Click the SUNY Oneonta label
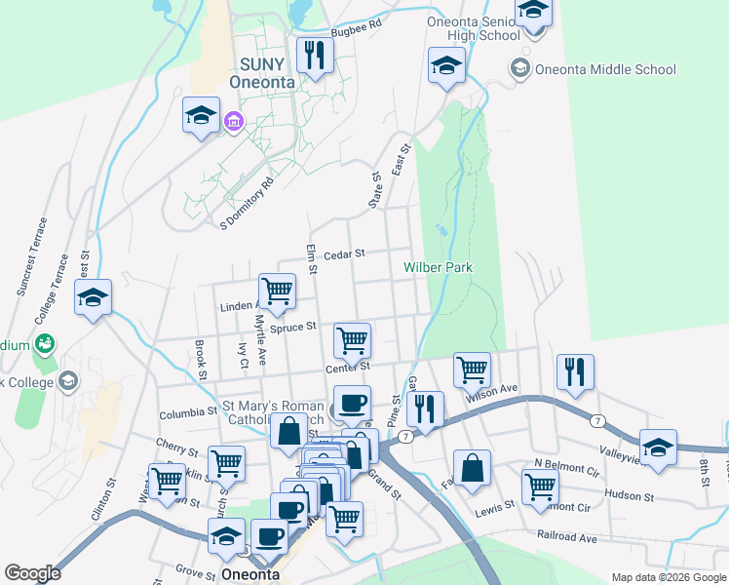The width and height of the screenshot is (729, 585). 261,73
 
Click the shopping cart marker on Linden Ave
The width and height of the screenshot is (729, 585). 277,291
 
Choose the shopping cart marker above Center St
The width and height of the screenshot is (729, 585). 352,340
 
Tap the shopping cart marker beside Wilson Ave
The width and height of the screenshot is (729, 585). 472,370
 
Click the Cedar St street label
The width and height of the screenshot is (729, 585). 344,253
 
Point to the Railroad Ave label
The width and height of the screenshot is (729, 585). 566,536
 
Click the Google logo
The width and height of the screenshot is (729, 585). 32,573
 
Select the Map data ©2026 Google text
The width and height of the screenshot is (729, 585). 668,577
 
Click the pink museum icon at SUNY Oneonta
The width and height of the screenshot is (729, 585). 233,122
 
